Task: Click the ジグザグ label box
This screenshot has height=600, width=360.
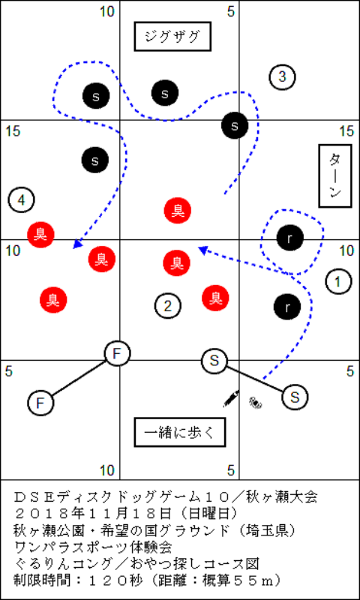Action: click(x=172, y=36)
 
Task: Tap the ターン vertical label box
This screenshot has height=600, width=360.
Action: click(x=335, y=175)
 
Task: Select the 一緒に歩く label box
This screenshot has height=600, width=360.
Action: click(x=180, y=433)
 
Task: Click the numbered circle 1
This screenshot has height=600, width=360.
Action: click(x=338, y=282)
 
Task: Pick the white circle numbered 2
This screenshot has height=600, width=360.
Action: click(x=167, y=306)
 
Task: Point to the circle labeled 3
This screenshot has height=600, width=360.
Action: click(x=282, y=77)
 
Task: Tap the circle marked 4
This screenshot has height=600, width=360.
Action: click(x=22, y=199)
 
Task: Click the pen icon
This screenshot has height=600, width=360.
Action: click(x=232, y=398)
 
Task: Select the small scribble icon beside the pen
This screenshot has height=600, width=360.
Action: click(x=256, y=402)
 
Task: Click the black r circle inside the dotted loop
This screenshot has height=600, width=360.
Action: click(x=290, y=238)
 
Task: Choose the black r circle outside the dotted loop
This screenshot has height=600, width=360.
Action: click(x=287, y=307)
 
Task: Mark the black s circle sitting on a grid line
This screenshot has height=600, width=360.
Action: click(x=235, y=125)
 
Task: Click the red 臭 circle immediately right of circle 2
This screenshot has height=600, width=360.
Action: click(x=216, y=298)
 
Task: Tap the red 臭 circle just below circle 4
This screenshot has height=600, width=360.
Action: click(x=40, y=234)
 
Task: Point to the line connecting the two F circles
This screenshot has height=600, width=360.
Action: click(x=79, y=378)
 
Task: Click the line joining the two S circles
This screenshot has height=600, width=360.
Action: click(x=255, y=379)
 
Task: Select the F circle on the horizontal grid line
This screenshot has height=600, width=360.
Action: click(x=118, y=353)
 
